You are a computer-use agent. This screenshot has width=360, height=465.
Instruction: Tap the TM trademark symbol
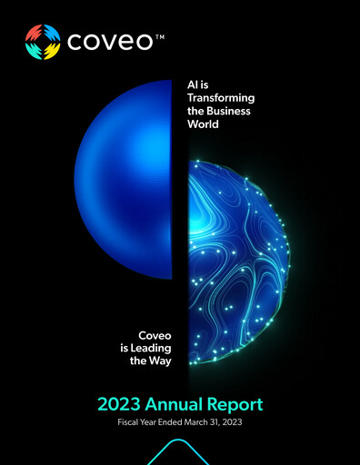coord(159,35)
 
